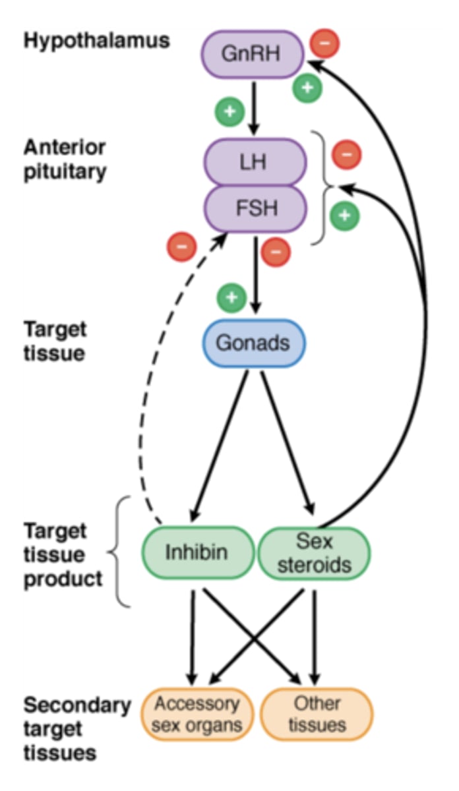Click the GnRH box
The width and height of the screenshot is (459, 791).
click(x=255, y=53)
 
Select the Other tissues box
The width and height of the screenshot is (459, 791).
click(x=317, y=714)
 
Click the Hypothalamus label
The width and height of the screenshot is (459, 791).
click(x=97, y=41)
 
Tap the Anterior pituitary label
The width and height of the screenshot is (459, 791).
click(x=65, y=159)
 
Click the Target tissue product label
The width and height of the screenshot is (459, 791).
click(x=63, y=554)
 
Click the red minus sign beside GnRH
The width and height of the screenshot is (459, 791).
click(x=324, y=43)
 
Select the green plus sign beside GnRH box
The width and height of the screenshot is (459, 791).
click(x=307, y=87)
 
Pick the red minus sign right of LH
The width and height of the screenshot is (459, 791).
click(x=347, y=155)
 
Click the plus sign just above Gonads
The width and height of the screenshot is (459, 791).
click(x=231, y=298)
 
